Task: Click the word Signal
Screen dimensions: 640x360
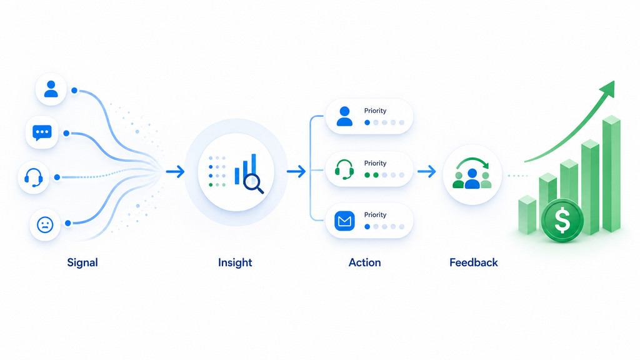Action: pyautogui.click(x=82, y=262)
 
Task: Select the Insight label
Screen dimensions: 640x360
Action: pyautogui.click(x=235, y=262)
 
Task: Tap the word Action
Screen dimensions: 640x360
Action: pyautogui.click(x=364, y=262)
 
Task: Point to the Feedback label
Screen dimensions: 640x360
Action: pyautogui.click(x=474, y=262)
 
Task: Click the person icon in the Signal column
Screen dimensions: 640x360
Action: pyautogui.click(x=51, y=89)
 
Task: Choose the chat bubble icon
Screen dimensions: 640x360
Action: pyautogui.click(x=42, y=132)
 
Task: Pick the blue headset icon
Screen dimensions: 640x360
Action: pyautogui.click(x=34, y=177)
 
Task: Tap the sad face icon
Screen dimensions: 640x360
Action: pyautogui.click(x=45, y=224)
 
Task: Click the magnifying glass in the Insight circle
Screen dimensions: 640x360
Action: pyautogui.click(x=254, y=184)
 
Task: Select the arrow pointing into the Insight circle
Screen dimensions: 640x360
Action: pyautogui.click(x=175, y=171)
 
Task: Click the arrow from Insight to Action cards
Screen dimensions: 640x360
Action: pyautogui.click(x=296, y=171)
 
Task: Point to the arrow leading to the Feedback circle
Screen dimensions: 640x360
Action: pyautogui.click(x=426, y=171)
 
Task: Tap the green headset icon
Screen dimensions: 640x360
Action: pyautogui.click(x=344, y=169)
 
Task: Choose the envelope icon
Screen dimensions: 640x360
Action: pyautogui.click(x=344, y=221)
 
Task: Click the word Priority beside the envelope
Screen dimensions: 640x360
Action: pyautogui.click(x=375, y=215)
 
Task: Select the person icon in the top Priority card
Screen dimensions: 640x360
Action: pyautogui.click(x=344, y=116)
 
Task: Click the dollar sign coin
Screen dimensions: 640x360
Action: pyautogui.click(x=562, y=221)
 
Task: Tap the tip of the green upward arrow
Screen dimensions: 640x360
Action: pyautogui.click(x=614, y=81)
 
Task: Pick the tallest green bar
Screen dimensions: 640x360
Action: pyautogui.click(x=611, y=174)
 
